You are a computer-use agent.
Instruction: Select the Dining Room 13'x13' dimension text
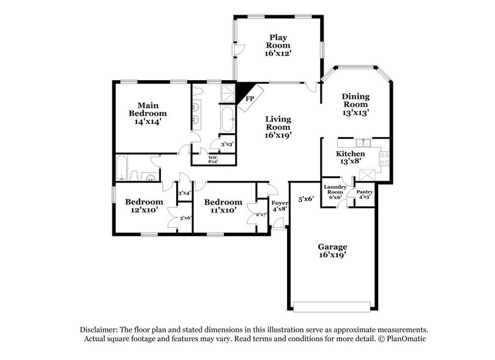point(355,112)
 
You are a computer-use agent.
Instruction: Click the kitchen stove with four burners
point(384,159)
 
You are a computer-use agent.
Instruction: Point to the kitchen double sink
point(360,143)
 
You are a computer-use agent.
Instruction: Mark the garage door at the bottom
point(332,306)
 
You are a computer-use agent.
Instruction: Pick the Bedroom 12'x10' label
point(144,206)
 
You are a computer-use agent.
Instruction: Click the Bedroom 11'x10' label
point(223,206)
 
